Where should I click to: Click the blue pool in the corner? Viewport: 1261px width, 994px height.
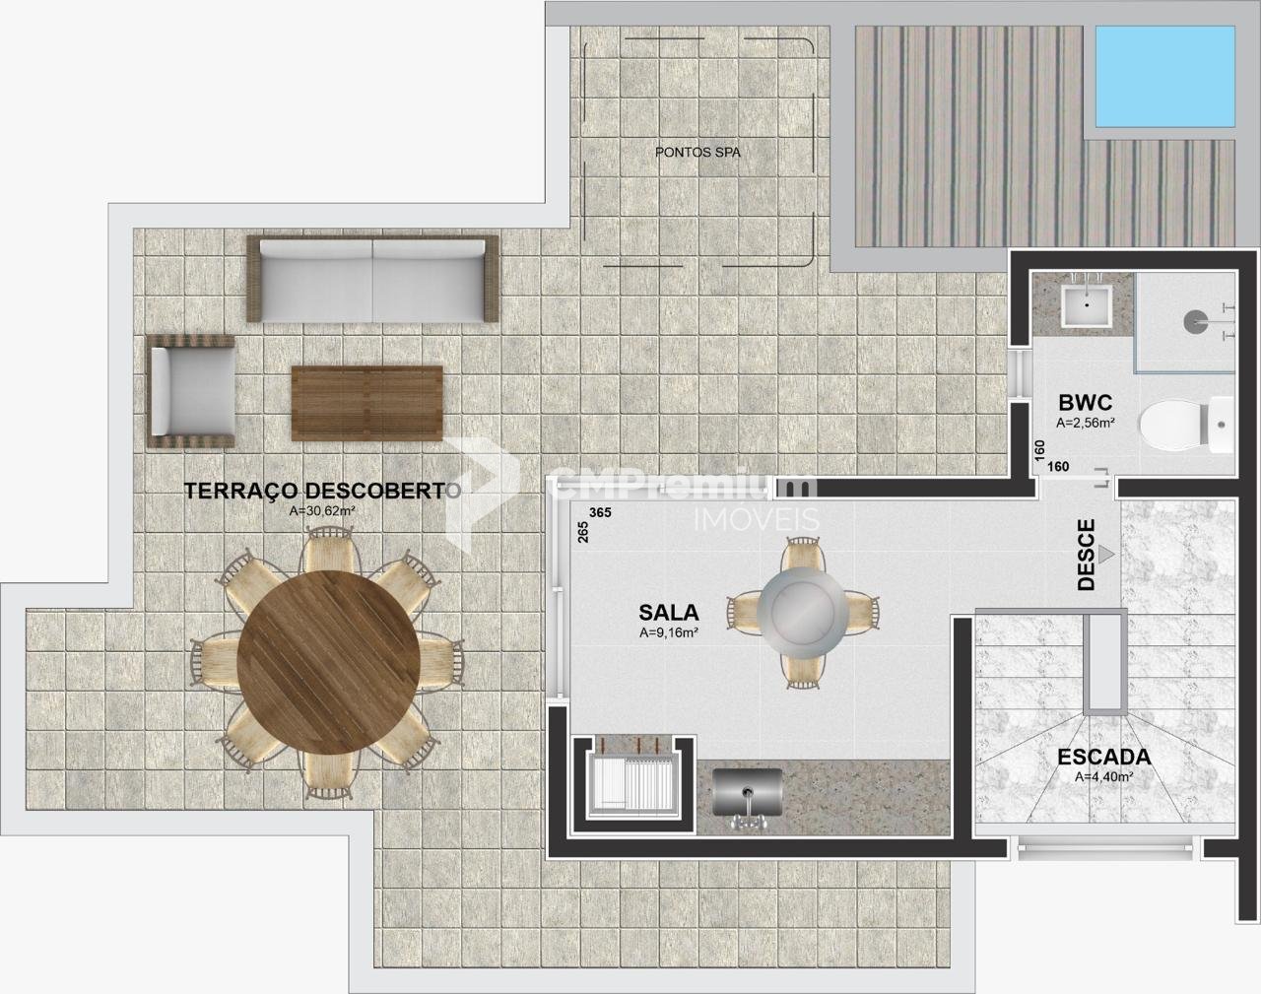1164,76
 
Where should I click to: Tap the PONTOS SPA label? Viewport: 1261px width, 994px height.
697,153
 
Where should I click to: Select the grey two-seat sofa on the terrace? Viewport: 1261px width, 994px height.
372,279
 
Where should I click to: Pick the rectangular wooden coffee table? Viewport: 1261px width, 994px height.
367,403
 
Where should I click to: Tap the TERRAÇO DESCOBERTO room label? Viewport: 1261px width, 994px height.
322,490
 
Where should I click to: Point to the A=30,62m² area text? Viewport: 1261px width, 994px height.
322,511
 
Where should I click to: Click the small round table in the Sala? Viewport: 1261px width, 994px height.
802,612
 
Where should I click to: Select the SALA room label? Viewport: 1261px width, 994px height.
669,613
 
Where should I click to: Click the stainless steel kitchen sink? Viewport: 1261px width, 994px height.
748,792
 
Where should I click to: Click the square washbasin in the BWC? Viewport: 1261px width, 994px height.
1087,306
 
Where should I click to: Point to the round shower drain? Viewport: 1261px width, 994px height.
1195,321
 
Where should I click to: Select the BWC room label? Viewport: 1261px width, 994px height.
1086,403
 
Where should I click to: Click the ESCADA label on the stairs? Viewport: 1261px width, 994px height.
1104,757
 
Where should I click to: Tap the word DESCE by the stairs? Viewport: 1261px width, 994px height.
1086,555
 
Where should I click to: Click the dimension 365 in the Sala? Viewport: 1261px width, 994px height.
600,513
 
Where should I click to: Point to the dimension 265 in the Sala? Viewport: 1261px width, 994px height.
583,532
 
